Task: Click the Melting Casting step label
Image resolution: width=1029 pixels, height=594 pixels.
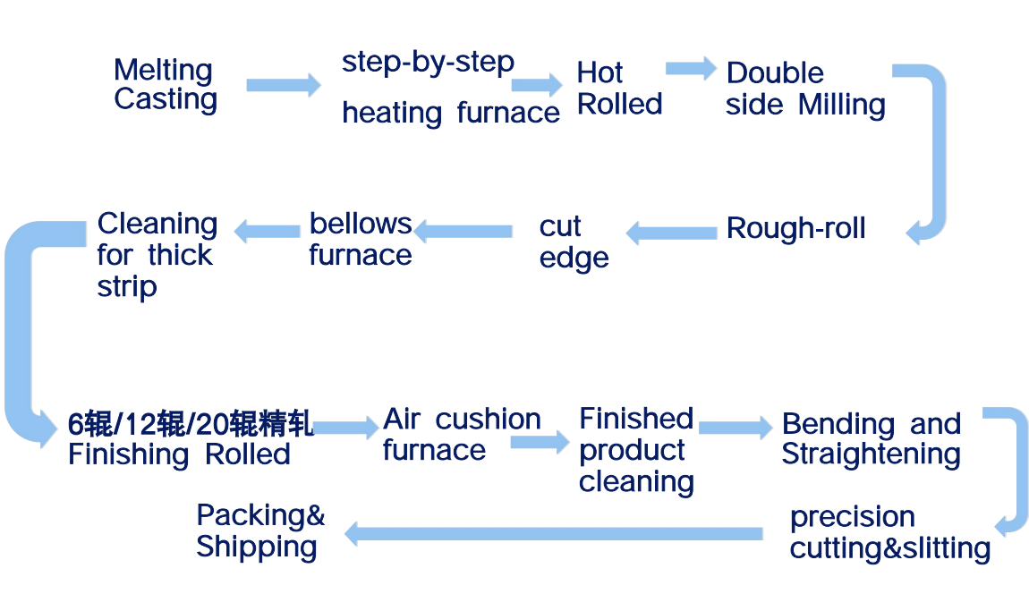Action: pos(166,85)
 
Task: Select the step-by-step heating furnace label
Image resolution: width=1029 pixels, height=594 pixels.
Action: pos(450,88)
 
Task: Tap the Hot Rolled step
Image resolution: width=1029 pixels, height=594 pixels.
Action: pos(619,88)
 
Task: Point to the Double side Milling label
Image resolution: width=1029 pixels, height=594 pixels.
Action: pos(805,89)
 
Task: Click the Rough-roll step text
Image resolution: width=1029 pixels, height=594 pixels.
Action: pos(795,229)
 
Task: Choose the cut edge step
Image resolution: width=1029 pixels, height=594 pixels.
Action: pos(574,242)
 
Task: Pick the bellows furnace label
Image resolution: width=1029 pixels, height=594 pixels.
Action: pos(361,239)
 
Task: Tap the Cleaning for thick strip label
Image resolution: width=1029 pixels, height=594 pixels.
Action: pos(157,255)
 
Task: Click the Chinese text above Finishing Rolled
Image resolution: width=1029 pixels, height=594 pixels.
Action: pos(191,423)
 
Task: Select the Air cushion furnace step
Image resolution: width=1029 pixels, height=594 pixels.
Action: pos(462,434)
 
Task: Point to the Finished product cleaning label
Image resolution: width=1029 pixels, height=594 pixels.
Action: pos(636,450)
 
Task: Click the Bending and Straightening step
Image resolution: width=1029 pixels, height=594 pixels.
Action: pos(871,438)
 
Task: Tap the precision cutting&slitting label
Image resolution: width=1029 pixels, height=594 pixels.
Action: pos(889,532)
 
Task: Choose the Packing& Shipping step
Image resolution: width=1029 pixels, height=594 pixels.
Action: pos(260,530)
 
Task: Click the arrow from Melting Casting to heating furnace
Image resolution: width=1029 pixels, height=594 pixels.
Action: pos(283,85)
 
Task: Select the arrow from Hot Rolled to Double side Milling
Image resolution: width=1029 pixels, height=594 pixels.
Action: pos(691,68)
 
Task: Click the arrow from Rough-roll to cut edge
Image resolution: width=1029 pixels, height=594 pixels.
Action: pos(671,233)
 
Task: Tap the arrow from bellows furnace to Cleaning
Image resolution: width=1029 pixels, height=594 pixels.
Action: pos(267,230)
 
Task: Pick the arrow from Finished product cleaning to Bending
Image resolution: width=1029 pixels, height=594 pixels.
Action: pos(735,428)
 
